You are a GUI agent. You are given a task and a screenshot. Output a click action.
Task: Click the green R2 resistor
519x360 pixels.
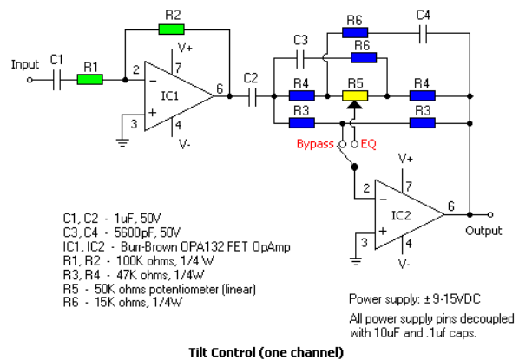(x=171, y=29)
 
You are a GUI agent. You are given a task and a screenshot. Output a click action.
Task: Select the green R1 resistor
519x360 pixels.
(x=90, y=80)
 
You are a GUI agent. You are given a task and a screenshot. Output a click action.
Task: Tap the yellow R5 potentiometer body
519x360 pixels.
(x=355, y=96)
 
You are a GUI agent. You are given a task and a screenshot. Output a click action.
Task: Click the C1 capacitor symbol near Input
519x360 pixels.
(x=56, y=80)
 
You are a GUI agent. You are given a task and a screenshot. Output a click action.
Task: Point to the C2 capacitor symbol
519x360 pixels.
(x=252, y=96)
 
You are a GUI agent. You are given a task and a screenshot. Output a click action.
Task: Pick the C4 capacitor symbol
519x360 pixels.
(x=423, y=33)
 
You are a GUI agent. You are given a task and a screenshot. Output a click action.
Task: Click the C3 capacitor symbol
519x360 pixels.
(x=300, y=59)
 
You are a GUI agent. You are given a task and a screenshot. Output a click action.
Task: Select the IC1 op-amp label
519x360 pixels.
(x=170, y=96)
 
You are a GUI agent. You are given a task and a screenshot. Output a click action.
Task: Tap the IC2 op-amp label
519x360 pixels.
(x=401, y=215)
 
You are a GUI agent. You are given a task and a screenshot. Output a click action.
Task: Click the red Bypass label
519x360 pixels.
(x=315, y=144)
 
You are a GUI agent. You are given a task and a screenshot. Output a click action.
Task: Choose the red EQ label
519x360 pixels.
(x=368, y=144)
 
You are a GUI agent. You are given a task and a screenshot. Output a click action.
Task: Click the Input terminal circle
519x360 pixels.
(x=30, y=80)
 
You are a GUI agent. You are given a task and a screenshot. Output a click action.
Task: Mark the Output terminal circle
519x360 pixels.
(x=490, y=215)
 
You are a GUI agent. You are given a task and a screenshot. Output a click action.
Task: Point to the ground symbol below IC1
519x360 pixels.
(x=122, y=142)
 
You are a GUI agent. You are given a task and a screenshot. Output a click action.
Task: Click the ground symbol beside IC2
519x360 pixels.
(x=356, y=262)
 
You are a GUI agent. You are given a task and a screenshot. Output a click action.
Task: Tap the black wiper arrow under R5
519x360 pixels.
(x=354, y=105)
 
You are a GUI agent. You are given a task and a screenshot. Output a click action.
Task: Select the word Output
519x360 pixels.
(x=483, y=231)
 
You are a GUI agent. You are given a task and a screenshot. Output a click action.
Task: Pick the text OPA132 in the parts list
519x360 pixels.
(x=198, y=247)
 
